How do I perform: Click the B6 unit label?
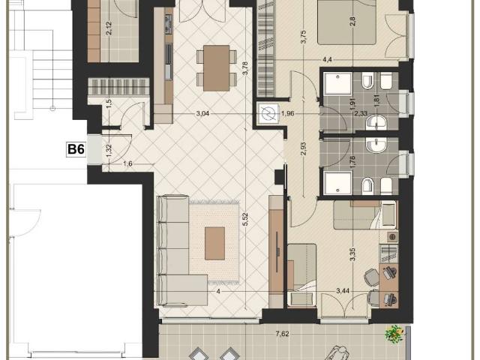pyautogui.click(x=76, y=150)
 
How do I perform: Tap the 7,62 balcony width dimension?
pyautogui.click(x=282, y=333)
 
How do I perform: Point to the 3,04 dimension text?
pyautogui.click(x=202, y=113)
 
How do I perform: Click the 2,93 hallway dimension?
pyautogui.click(x=303, y=148)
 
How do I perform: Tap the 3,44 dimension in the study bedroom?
pyautogui.click(x=343, y=291)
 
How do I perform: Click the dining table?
pyautogui.click(x=217, y=68)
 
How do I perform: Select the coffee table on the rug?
pyautogui.click(x=214, y=243)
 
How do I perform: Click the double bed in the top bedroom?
pyautogui.click(x=346, y=22)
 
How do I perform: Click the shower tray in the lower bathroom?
pyautogui.click(x=337, y=183)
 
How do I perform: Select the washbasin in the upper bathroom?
pyautogui.click(x=376, y=122)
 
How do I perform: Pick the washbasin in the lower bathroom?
pyautogui.click(x=376, y=145)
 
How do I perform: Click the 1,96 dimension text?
pyautogui.click(x=287, y=113)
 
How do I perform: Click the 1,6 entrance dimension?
pyautogui.click(x=127, y=163)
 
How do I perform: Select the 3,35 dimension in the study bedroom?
pyautogui.click(x=353, y=254)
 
